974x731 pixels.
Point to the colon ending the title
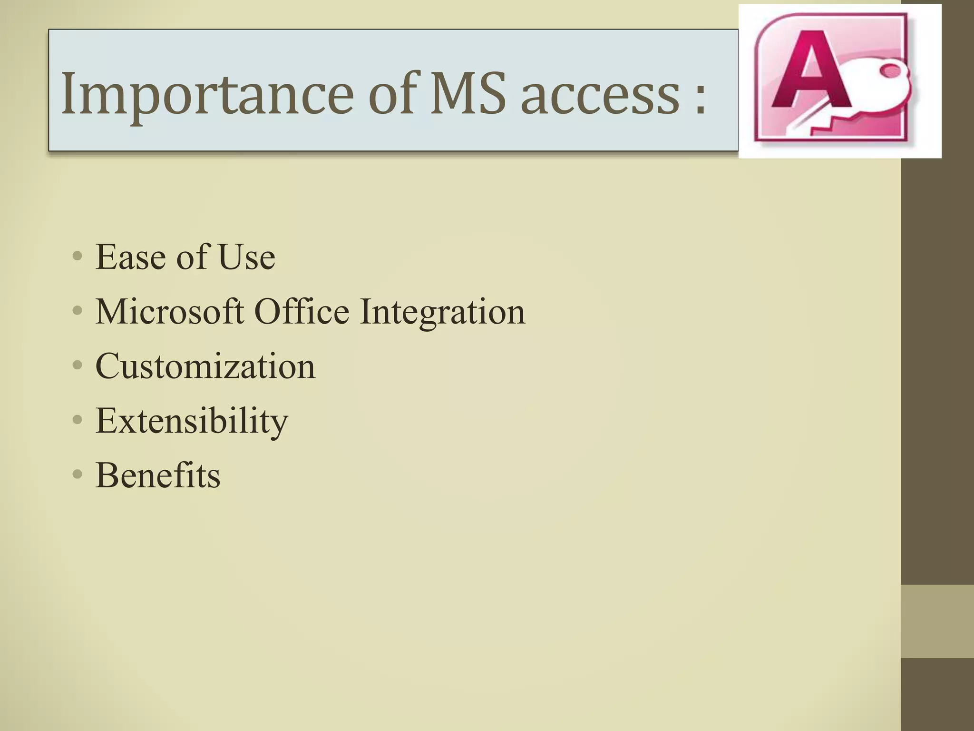click(x=700, y=100)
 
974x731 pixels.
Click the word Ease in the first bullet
click(x=130, y=257)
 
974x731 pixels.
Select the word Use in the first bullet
click(x=246, y=257)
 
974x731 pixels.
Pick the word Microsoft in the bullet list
click(x=170, y=312)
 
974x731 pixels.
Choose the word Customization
click(x=205, y=366)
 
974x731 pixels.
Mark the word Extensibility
click(x=192, y=422)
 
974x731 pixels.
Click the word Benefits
click(x=158, y=475)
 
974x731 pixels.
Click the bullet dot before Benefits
click(x=78, y=474)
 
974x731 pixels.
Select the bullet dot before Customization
click(x=78, y=365)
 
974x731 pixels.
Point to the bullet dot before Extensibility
click(x=78, y=420)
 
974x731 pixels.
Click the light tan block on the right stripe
click(x=937, y=621)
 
